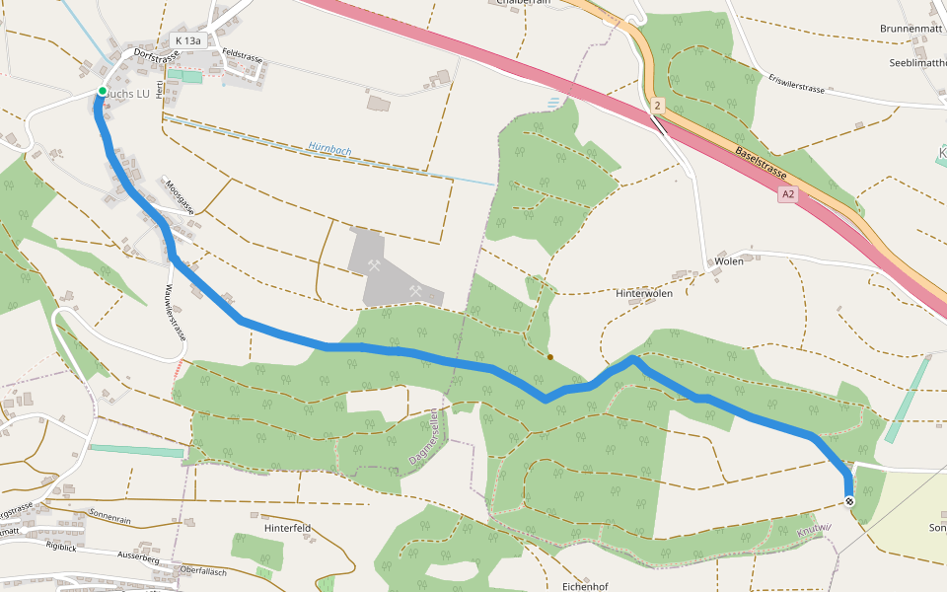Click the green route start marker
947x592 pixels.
pos(102,92)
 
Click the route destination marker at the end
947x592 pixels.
pos(849,502)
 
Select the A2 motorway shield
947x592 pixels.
pos(787,195)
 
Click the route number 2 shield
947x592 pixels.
pos(657,104)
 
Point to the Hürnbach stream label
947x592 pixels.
pos(329,149)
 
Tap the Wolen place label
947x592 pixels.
pos(730,262)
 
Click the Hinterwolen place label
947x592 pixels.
pos(643,294)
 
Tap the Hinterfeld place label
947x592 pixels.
pos(287,528)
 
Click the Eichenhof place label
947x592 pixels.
pos(584,586)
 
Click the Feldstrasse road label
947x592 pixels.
pos(243,56)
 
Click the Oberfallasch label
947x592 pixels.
pos(203,571)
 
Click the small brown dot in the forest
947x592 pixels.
pos(550,357)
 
